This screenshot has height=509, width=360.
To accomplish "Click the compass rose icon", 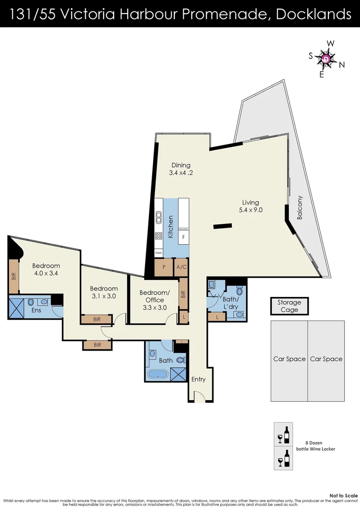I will tap(327, 59).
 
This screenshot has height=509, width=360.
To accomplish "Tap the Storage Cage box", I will tap(289, 306).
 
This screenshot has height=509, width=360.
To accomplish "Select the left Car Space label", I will tap(289, 359).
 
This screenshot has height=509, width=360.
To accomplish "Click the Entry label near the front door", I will tap(198, 379).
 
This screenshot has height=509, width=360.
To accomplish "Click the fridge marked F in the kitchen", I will tap(183, 237).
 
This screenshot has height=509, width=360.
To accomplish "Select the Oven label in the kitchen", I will tap(159, 253).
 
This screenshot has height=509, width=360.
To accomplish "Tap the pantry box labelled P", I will tap(164, 267).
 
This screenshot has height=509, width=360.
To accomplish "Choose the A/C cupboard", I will tap(181, 267).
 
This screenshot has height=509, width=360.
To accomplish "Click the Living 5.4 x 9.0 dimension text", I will tap(250, 210).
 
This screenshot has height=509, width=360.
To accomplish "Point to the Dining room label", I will tap(181, 165).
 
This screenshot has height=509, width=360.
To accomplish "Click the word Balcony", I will tap(300, 208).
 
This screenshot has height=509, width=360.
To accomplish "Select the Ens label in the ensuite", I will tap(36, 310).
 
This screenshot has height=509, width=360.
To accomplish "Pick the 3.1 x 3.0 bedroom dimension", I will tap(104, 296).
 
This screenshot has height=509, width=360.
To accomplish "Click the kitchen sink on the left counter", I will tap(159, 219).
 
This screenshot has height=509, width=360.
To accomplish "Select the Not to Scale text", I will tap(344, 495).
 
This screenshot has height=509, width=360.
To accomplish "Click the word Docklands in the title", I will tap(313, 14).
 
